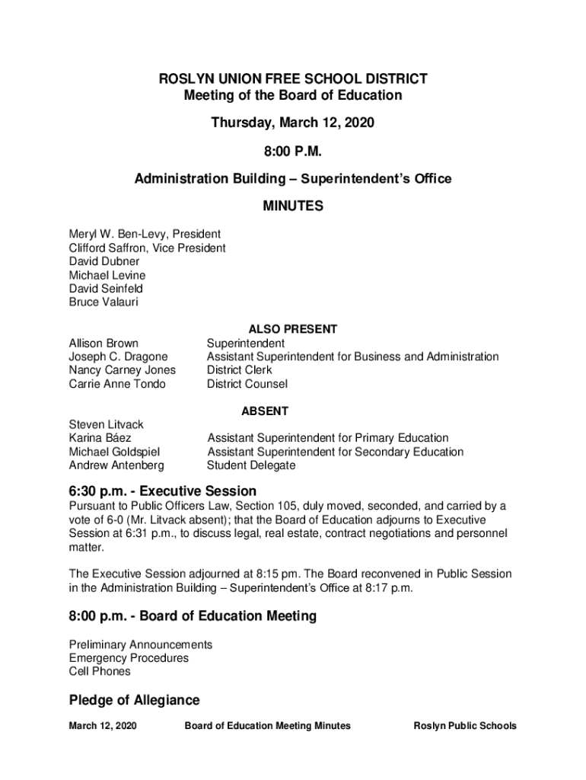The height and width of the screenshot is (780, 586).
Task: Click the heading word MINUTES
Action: point(293,206)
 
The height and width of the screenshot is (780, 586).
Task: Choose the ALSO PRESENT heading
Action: point(293,330)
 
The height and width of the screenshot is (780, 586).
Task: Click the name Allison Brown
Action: point(104,344)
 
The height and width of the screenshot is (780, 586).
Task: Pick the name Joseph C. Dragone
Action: point(119,356)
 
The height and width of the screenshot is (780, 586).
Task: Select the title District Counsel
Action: point(247,384)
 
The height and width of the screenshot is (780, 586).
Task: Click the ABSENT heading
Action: point(265,411)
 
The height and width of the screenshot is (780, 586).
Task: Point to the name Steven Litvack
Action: point(106,424)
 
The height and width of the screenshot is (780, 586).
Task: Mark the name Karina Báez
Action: point(100,438)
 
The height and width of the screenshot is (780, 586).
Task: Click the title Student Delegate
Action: point(251,465)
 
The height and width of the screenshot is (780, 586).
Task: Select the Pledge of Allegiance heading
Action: point(134,700)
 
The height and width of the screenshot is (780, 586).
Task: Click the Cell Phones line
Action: point(100,671)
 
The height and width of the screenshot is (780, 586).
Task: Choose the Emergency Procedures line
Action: point(129,658)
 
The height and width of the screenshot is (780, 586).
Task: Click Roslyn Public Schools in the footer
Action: point(464,726)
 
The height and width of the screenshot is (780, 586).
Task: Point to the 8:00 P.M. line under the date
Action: point(293,151)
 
